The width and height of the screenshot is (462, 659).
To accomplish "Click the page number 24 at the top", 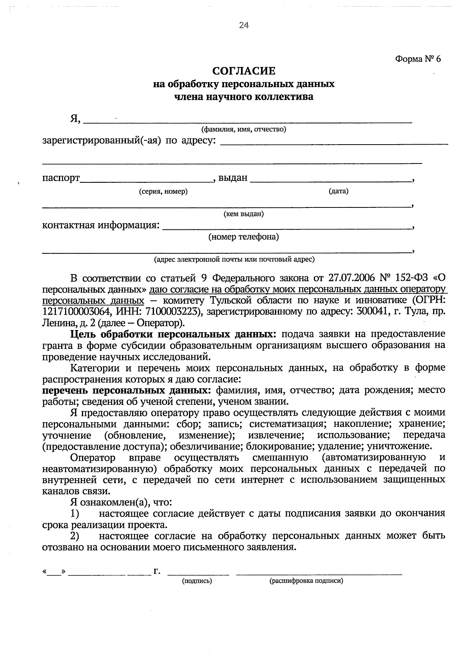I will (x=244, y=25).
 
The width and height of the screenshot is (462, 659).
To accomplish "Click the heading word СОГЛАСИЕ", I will (x=244, y=71).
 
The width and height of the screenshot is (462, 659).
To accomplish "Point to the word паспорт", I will (x=61, y=178).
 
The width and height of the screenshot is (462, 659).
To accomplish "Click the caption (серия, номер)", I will (x=163, y=192).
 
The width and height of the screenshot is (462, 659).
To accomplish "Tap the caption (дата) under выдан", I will (x=338, y=191).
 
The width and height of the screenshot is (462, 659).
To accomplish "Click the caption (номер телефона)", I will (x=244, y=237).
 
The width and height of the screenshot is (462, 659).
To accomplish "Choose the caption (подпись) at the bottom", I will (x=197, y=581).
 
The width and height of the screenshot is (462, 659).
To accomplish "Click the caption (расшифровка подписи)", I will (x=306, y=581).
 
